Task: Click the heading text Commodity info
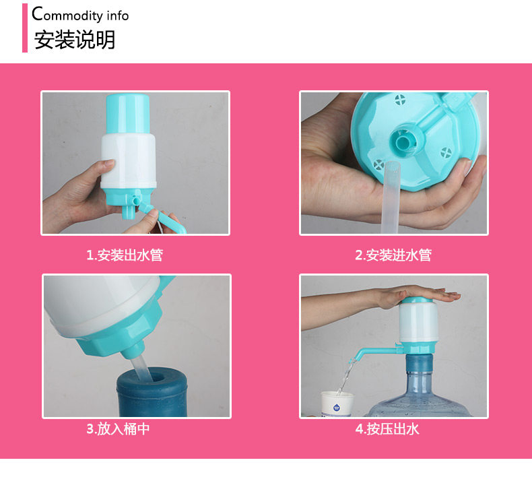pyautogui.click(x=80, y=14)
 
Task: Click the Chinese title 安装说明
pyautogui.click(x=75, y=40)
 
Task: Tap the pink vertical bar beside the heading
pyautogui.click(x=25, y=28)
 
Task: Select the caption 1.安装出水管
pyautogui.click(x=125, y=255)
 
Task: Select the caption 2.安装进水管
pyautogui.click(x=393, y=255)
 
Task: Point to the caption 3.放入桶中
pyautogui.click(x=118, y=428)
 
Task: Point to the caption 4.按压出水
pyautogui.click(x=387, y=429)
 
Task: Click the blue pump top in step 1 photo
pyautogui.click(x=127, y=114)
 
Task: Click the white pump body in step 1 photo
pyautogui.click(x=129, y=160)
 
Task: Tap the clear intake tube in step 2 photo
pyautogui.click(x=390, y=197)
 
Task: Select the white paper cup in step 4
pyautogui.click(x=337, y=404)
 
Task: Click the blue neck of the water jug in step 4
pyautogui.click(x=419, y=363)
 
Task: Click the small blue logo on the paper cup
pyautogui.click(x=337, y=407)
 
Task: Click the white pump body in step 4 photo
pyautogui.click(x=418, y=323)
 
